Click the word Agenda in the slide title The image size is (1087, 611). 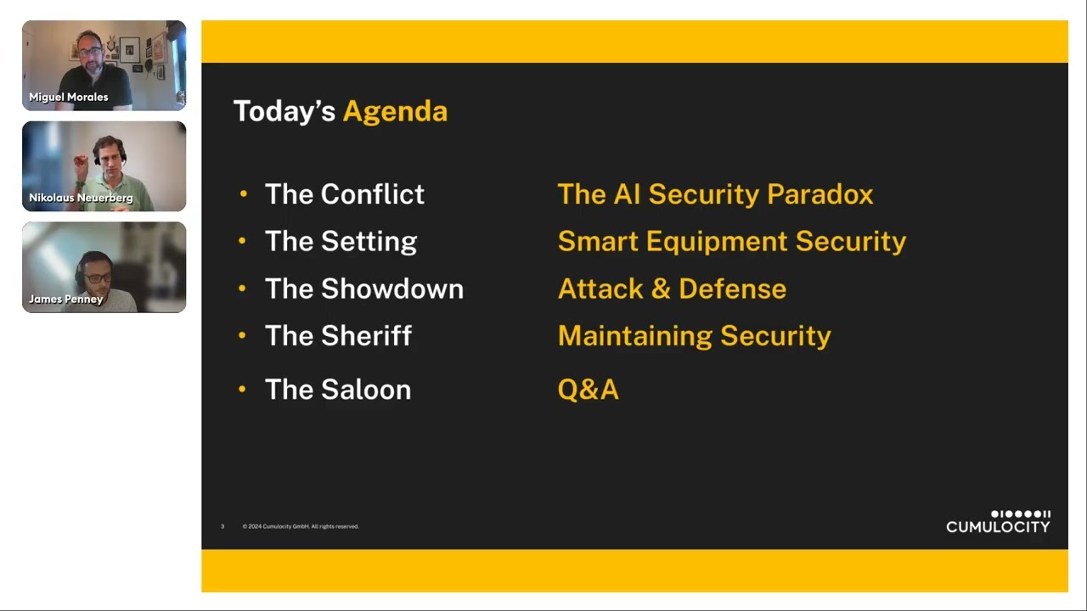[x=395, y=112]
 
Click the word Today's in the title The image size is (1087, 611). [x=284, y=110]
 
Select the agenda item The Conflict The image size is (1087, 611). [x=345, y=194]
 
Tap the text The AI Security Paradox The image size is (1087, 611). [x=715, y=194]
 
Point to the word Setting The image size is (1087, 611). [x=369, y=242]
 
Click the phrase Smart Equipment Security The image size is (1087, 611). [x=732, y=242]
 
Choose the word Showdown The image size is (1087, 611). [x=392, y=289]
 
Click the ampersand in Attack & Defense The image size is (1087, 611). [x=661, y=289]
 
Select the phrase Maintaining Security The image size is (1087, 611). [x=695, y=336]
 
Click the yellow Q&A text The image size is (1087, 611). [x=589, y=390]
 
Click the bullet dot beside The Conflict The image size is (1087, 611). [x=244, y=194]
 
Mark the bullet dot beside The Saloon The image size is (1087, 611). [x=243, y=389]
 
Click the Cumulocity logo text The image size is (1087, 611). [x=998, y=527]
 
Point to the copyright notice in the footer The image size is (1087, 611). [x=301, y=527]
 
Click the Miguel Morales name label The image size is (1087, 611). [x=69, y=97]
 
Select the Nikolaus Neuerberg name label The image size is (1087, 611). [x=81, y=198]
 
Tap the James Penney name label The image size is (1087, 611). [x=66, y=300]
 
